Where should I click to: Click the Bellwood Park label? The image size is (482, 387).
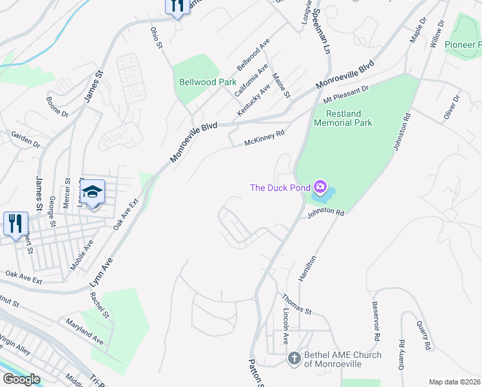click(x=207, y=83)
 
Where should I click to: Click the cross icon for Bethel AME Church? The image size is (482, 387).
click(x=293, y=358)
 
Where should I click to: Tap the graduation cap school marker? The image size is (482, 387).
click(x=93, y=192)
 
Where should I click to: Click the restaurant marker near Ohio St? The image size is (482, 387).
click(x=177, y=6)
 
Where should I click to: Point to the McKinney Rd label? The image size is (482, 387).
click(x=264, y=138)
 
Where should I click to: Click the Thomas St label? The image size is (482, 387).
click(x=295, y=304)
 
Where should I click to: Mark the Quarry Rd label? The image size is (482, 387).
click(x=401, y=354)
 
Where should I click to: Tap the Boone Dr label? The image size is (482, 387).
click(x=57, y=106)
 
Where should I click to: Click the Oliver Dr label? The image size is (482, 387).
click(x=451, y=106)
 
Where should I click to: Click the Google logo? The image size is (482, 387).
click(x=21, y=379)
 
